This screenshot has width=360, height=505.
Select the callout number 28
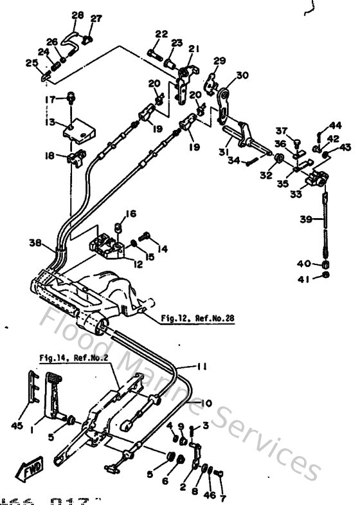coord(77,15)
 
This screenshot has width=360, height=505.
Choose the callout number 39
coord(307,220)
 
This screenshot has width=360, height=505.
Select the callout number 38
coord(35,243)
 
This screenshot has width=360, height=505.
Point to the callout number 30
coord(242,75)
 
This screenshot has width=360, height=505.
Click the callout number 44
coord(336,125)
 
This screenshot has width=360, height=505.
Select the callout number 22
coord(161,34)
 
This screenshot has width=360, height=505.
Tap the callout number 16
coord(130,214)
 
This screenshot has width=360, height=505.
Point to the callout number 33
coord(296,191)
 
